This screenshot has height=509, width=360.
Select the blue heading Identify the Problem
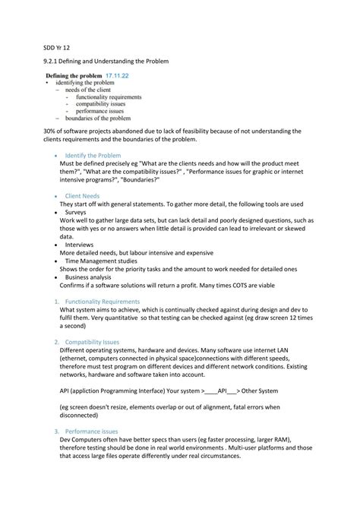93,154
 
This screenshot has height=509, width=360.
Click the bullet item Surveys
79,213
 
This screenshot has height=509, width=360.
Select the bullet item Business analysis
89,277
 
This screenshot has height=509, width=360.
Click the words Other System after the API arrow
260,391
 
